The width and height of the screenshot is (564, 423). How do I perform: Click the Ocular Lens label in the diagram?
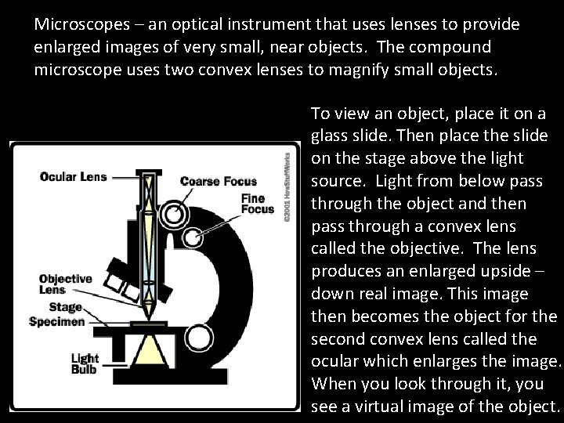click(74, 175)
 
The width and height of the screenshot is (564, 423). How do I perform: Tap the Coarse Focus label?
click(218, 181)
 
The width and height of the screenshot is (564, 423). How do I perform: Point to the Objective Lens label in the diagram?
click(66, 284)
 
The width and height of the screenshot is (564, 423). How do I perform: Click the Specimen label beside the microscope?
click(57, 321)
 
